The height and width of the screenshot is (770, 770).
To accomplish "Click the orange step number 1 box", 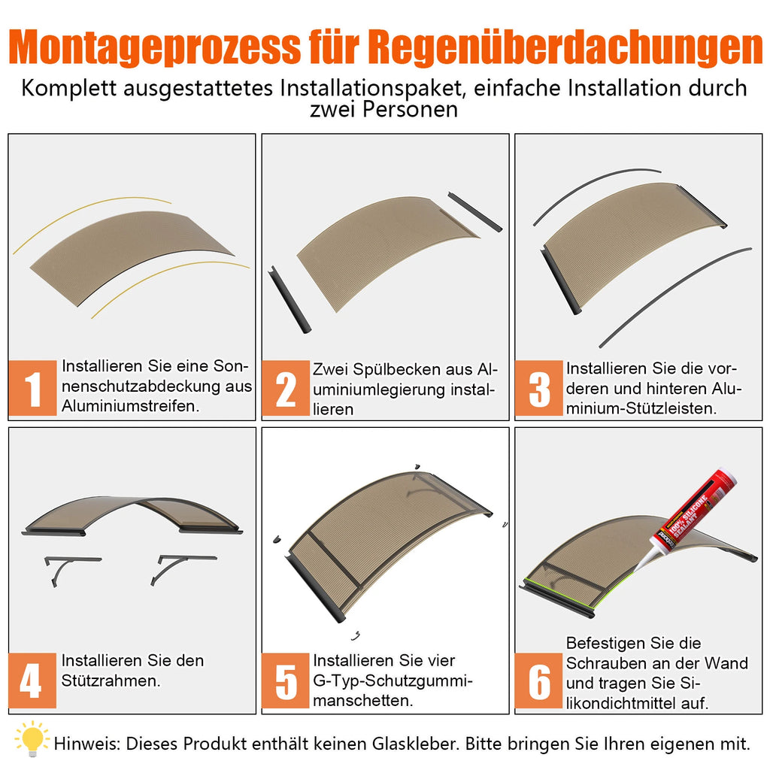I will (33, 389).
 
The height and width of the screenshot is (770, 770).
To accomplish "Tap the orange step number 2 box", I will (286, 389).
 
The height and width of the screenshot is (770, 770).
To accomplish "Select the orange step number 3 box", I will (539, 389).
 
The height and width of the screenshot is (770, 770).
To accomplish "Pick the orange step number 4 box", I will (33, 681).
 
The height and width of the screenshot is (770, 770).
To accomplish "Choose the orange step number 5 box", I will (286, 681).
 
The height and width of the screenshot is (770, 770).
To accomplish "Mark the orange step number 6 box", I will (539, 681).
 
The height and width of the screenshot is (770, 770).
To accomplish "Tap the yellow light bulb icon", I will (31, 739).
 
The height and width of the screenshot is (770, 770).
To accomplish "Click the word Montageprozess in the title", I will (154, 47).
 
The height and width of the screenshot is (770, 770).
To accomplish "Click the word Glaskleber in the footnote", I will (414, 744).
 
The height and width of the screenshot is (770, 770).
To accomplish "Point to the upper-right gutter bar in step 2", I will (474, 211).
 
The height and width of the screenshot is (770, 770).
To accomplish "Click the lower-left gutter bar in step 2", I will (290, 299).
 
